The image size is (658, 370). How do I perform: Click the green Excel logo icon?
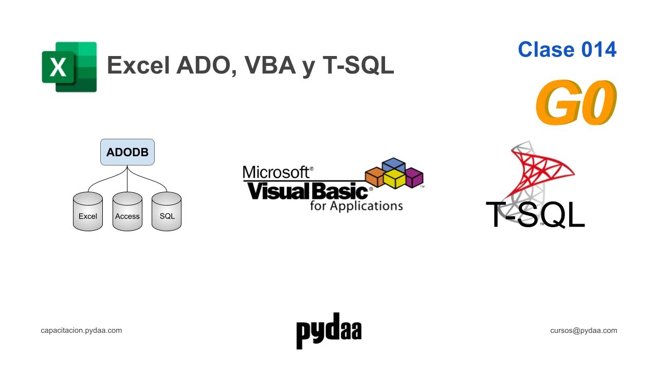69,67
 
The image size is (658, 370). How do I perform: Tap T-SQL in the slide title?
358,66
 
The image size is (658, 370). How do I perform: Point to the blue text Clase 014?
567,49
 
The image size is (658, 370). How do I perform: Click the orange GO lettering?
576,103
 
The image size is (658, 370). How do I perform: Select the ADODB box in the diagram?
127,152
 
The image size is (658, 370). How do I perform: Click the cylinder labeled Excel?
88,212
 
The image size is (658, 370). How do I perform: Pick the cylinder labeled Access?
127,212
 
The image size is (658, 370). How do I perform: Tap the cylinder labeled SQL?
167,212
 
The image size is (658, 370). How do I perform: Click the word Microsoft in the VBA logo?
277,172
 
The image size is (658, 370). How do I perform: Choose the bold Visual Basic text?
307,191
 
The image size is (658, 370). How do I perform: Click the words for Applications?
356,206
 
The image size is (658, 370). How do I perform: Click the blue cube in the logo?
394,165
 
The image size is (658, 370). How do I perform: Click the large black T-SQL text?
535,215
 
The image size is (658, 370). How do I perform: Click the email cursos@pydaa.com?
583,330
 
